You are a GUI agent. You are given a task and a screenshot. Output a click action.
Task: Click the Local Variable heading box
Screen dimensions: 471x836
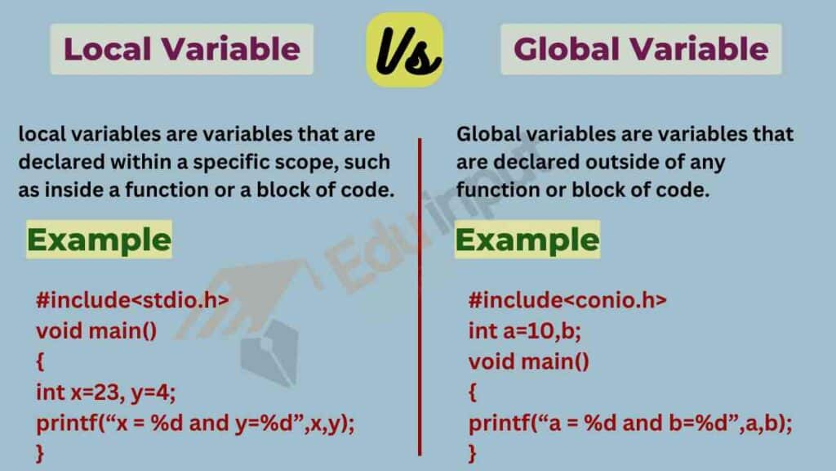click(x=181, y=49)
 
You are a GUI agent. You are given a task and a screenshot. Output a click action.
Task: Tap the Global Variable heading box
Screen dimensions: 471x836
click(x=641, y=49)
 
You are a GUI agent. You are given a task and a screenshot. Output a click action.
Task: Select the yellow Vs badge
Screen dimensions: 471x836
click(x=405, y=51)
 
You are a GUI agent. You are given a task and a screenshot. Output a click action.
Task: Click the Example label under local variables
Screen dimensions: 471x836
click(x=99, y=240)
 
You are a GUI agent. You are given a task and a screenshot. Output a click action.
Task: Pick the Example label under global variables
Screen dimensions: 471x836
click(x=527, y=240)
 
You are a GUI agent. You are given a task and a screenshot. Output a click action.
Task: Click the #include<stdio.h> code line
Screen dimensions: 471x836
click(x=131, y=300)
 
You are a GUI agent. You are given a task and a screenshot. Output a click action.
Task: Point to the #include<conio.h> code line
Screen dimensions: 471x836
click(x=567, y=300)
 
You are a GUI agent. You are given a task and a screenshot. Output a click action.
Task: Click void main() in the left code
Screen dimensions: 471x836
click(x=96, y=331)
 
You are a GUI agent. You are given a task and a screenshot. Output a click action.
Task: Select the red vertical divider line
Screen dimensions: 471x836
click(x=420, y=294)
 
